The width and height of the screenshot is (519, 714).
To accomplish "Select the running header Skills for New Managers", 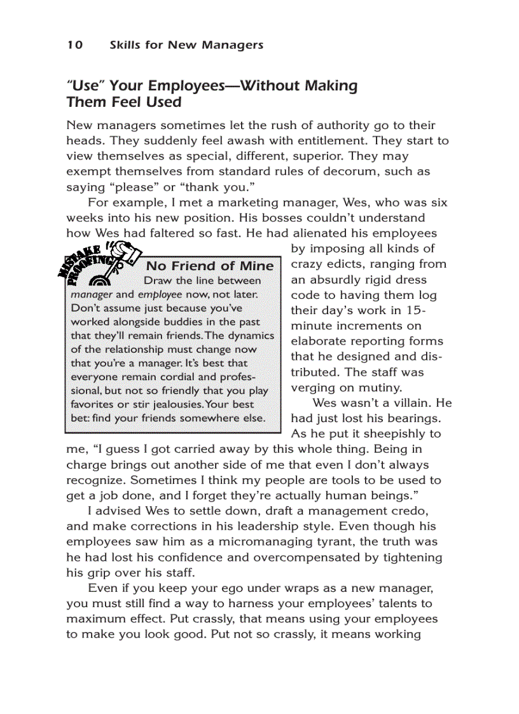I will (186, 45).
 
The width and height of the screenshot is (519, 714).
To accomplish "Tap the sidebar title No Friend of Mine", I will (210, 266).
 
